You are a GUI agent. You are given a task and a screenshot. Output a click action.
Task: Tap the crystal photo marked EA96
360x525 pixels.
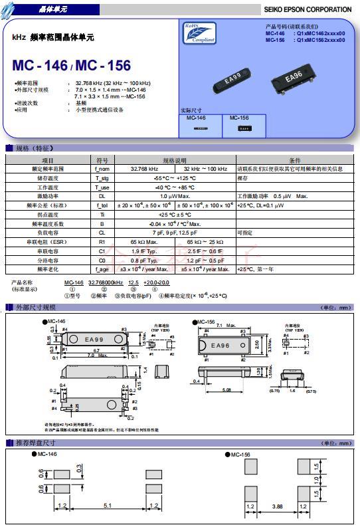tap(293, 78)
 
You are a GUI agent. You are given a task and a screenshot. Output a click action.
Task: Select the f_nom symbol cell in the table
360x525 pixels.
tap(102, 169)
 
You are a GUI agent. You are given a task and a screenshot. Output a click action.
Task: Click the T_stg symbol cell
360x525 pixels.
tap(102, 178)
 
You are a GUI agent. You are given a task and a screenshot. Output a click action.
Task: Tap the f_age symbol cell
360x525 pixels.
tap(102, 270)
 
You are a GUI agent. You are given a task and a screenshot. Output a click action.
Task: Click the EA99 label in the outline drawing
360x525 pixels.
tap(94, 339)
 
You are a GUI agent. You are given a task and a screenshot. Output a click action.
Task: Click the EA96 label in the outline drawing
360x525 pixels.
tap(220, 346)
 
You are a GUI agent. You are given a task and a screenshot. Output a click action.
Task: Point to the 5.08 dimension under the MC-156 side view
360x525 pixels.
tap(226, 390)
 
